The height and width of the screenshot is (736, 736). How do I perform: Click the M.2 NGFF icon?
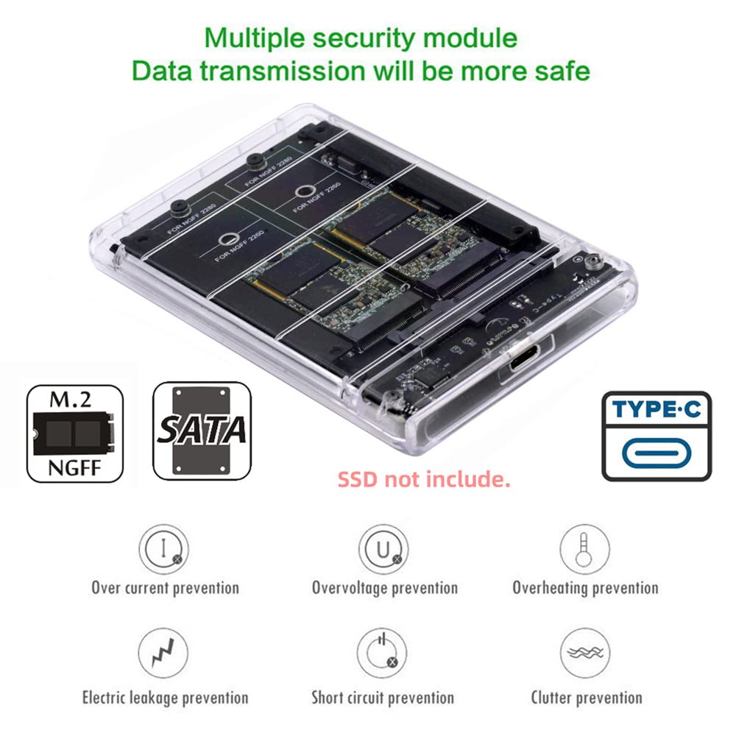click(x=74, y=433)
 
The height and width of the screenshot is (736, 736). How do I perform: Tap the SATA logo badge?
click(x=202, y=431)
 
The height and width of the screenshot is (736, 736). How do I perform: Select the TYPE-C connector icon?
click(x=657, y=436)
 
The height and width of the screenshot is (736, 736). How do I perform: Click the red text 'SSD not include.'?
click(x=424, y=480)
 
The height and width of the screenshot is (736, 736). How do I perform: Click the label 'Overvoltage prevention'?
click(x=384, y=588)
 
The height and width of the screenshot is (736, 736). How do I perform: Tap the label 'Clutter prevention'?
click(x=586, y=697)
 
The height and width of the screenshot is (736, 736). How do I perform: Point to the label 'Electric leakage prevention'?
click(x=165, y=697)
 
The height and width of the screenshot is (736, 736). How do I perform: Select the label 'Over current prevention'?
click(x=165, y=588)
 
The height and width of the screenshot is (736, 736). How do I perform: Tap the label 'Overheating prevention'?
click(x=585, y=588)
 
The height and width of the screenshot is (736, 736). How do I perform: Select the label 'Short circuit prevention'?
click(x=382, y=697)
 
